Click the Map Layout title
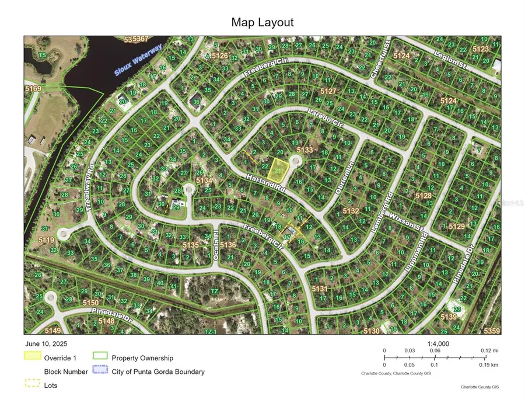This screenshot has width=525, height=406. pyautogui.click(x=262, y=23)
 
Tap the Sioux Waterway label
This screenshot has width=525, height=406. pyautogui.click(x=137, y=61)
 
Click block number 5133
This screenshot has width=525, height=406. pyautogui.click(x=304, y=150)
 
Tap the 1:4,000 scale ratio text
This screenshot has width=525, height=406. pyautogui.click(x=438, y=344)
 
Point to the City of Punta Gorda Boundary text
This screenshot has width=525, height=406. pyautogui.click(x=158, y=372)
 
